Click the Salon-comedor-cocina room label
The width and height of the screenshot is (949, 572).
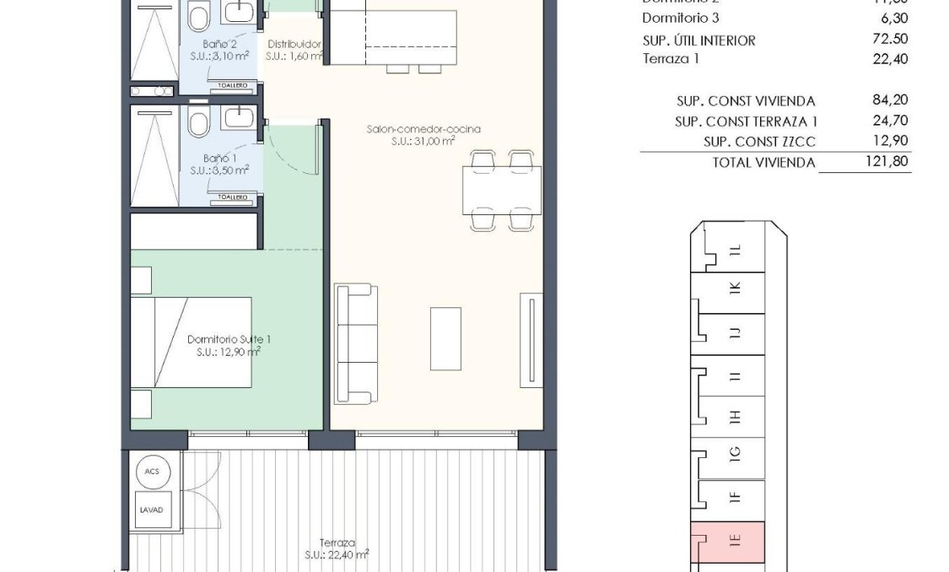423,129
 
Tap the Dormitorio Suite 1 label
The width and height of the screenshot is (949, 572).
224,339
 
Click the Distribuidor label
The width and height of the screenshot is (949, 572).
294,44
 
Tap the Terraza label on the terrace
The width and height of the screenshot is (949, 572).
337,542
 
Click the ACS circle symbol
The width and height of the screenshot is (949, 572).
152,472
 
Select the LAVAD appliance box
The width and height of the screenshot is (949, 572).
152,510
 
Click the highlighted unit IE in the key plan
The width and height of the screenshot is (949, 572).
734,542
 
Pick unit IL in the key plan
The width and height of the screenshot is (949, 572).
734,250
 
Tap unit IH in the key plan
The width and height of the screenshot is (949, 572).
734,417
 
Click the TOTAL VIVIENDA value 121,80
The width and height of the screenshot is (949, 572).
887,162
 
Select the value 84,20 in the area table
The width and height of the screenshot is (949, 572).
891,100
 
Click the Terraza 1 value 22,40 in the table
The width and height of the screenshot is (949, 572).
891,58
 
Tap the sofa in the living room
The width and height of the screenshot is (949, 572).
354,344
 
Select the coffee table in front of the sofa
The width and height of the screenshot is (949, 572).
445,338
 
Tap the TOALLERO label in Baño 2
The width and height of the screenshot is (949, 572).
232,85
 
